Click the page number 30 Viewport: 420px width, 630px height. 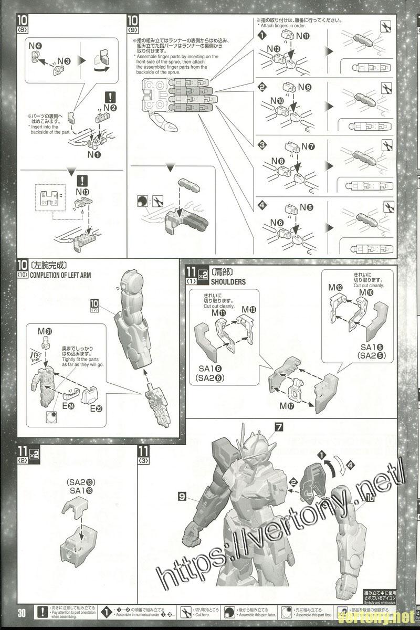(x=21, y=613)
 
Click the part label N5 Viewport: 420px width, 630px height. (x=306, y=207)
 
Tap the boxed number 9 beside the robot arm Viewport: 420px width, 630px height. (x=182, y=495)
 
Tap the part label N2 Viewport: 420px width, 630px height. (x=110, y=108)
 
